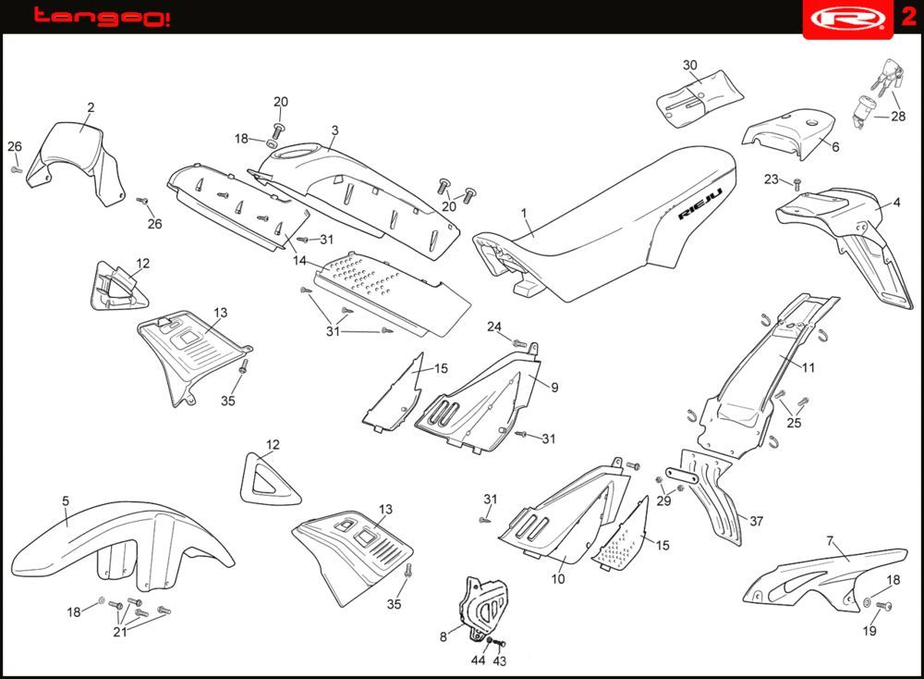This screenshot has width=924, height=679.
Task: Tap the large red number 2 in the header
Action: point(907,17)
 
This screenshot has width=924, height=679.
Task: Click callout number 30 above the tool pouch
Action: point(690,66)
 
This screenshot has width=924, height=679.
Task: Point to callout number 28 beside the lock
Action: point(898,117)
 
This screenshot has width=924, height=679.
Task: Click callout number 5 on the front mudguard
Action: point(66,500)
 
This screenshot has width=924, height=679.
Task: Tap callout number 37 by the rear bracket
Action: point(757,522)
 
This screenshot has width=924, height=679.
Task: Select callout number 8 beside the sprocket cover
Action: point(444,636)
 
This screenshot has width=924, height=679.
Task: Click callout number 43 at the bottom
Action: point(500,660)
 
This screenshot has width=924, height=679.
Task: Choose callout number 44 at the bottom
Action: point(478,660)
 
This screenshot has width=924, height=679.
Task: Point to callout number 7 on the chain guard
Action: point(830,540)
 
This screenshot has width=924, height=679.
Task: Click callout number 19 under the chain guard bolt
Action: point(869,632)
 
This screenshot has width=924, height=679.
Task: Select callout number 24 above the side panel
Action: point(494,327)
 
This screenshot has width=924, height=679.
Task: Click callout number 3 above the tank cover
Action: point(334,130)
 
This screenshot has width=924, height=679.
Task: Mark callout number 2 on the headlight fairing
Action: point(91,107)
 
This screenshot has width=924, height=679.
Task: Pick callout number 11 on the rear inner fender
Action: point(808,367)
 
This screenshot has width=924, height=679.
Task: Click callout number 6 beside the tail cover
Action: point(835,147)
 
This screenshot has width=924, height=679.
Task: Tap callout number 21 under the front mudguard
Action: point(119,632)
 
